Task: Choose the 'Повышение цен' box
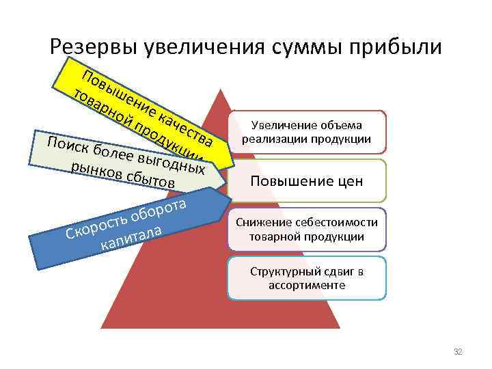coord(306,181)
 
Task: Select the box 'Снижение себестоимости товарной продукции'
coord(306,230)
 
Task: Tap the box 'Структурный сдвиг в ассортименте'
coord(307,278)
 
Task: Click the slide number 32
coord(458,351)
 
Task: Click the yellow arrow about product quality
coord(137,102)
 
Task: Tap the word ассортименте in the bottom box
coord(307,285)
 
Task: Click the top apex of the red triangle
coord(220,89)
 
